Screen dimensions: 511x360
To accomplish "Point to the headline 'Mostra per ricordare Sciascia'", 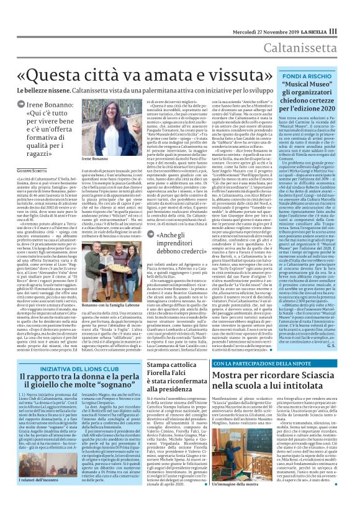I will [x=286, y=376].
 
